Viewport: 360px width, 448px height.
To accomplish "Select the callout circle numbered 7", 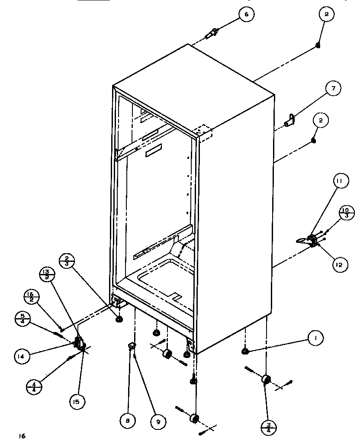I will (333, 90).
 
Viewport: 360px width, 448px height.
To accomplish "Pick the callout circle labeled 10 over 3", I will (346, 213).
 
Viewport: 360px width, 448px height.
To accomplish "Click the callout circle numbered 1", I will (316, 338).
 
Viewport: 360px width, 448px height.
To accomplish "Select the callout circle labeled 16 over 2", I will (32, 297).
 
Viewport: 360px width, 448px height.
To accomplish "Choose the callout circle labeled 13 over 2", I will (46, 275).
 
